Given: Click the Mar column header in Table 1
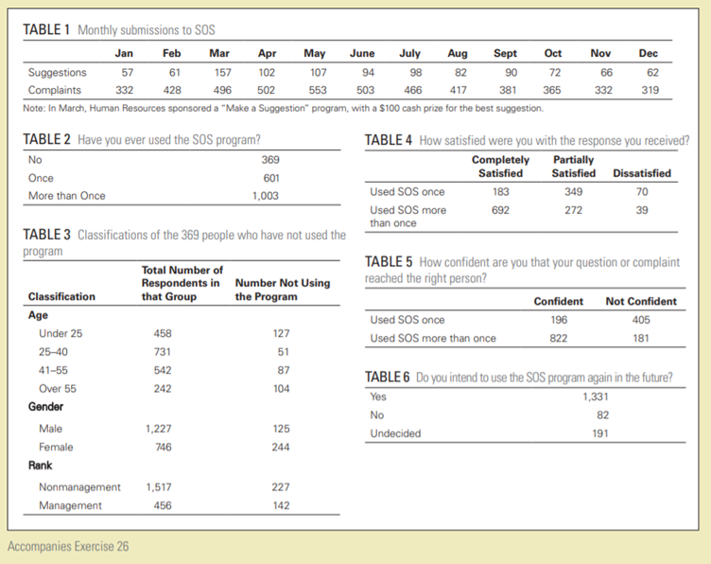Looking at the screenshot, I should point(218,54).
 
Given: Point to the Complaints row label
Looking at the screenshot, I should point(54,90).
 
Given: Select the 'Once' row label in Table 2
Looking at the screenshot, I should point(42,178).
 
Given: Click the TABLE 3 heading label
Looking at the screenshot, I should point(45,234).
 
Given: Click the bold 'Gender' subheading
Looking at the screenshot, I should point(47,406).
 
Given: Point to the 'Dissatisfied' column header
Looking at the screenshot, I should point(642,173).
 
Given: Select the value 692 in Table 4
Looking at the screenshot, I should point(500,210).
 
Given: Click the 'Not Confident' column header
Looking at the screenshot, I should point(641,301).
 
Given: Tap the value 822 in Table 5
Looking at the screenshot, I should point(559,338).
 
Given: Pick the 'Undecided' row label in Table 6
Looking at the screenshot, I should point(396,433).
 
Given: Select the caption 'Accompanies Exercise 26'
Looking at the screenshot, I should point(68,546).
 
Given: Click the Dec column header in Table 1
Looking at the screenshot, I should point(648,54).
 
